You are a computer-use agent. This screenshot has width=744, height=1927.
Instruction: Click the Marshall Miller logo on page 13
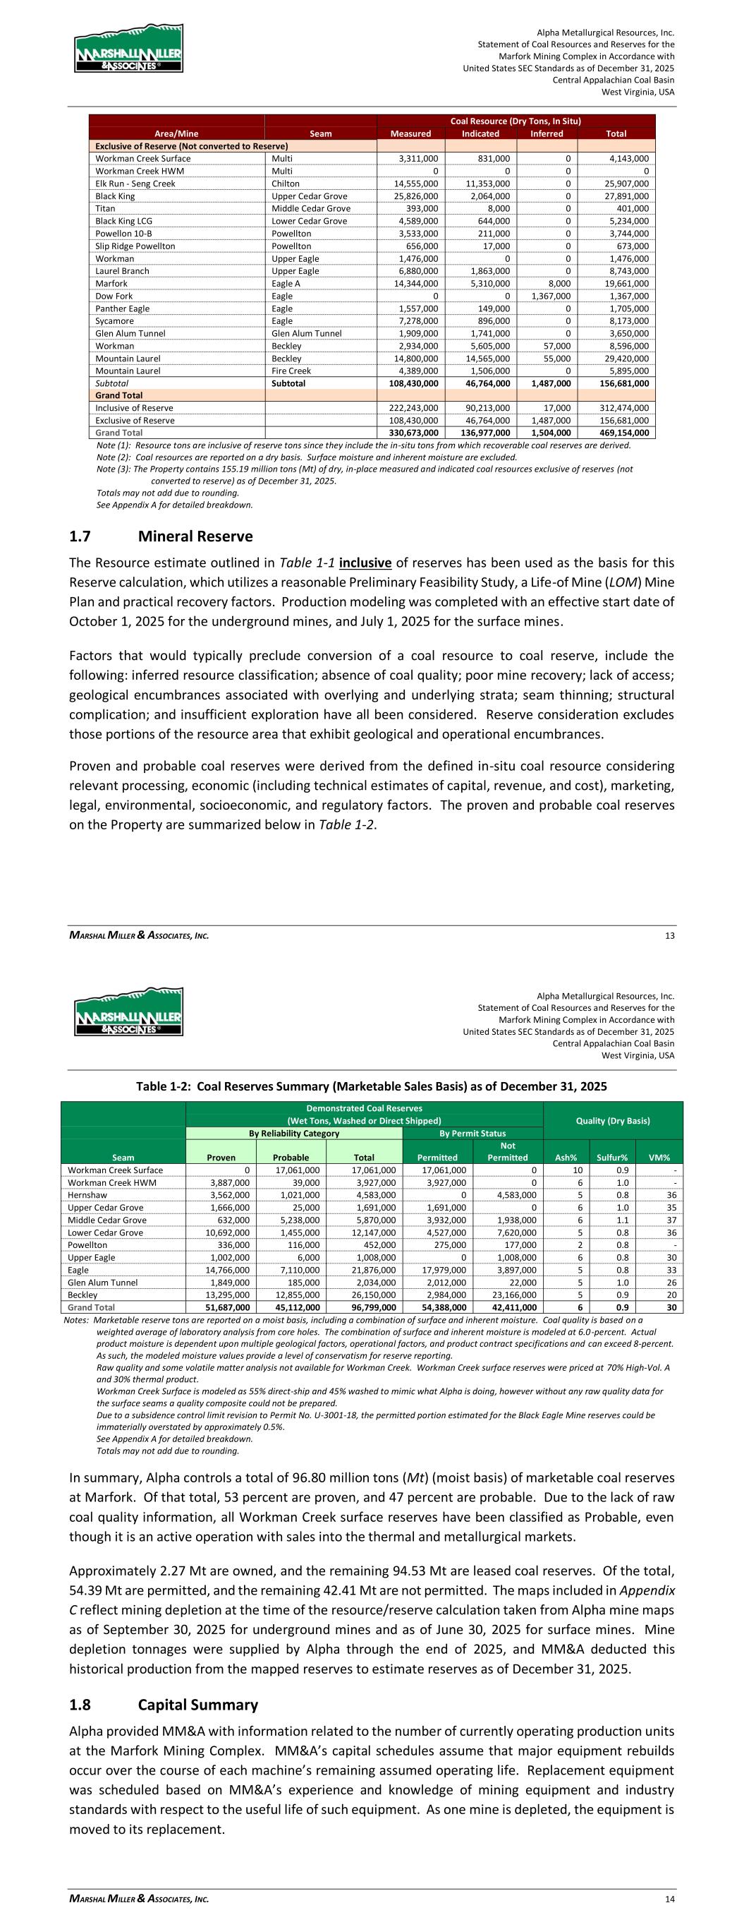(x=128, y=49)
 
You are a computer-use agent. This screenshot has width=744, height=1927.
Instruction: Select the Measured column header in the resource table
(x=410, y=134)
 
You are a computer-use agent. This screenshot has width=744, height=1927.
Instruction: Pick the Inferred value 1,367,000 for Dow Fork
(x=549, y=296)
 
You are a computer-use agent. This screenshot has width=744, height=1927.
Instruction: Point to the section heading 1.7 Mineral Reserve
(x=161, y=536)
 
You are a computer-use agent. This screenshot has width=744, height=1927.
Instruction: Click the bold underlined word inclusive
(x=365, y=563)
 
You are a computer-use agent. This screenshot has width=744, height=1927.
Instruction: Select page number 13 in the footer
(x=669, y=935)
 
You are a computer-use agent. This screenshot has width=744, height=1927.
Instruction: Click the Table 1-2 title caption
(x=371, y=1086)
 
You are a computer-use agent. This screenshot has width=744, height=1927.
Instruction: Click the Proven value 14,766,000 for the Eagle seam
(x=228, y=1271)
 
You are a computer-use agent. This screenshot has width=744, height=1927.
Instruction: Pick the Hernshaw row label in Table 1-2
(x=87, y=1196)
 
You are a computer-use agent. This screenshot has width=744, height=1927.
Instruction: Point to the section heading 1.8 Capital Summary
(x=163, y=1705)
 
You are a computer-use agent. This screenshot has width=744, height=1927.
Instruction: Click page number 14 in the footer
(x=669, y=1899)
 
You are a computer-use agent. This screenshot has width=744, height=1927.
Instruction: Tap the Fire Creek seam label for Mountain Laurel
(x=291, y=371)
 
